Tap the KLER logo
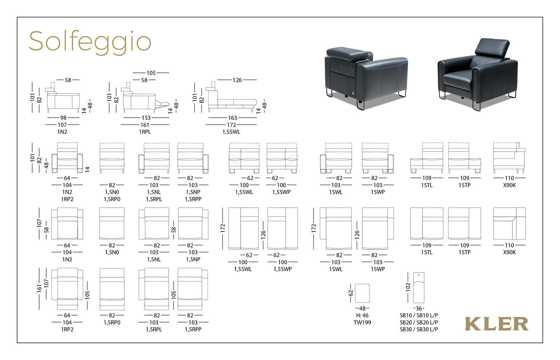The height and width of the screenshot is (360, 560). point(497,324)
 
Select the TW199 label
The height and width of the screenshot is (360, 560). point(362,323)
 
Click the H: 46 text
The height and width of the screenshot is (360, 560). point(362,316)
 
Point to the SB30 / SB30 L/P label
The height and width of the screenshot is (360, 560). point(419,330)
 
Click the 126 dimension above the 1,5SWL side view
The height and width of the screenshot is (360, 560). point(237,80)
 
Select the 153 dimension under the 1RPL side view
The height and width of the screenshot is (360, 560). point(146,118)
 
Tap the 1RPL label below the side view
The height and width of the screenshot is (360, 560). point(145,132)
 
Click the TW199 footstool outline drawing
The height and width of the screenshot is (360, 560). point(362,293)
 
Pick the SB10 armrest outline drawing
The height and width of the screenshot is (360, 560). point(419,288)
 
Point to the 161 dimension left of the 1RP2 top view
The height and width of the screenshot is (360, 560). point(39,288)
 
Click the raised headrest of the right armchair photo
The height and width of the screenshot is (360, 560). point(492,48)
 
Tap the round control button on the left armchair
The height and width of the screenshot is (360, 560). point(353,94)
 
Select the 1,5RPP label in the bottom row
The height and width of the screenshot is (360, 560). point(193,330)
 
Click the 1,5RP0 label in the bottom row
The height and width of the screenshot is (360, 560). point(112,323)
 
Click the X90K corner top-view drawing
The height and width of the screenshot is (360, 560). point(509,223)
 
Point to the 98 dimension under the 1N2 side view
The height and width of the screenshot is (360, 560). point(63,118)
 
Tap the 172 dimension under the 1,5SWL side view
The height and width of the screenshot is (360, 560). point(231,125)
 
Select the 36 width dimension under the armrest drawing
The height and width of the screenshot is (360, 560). point(419,309)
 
